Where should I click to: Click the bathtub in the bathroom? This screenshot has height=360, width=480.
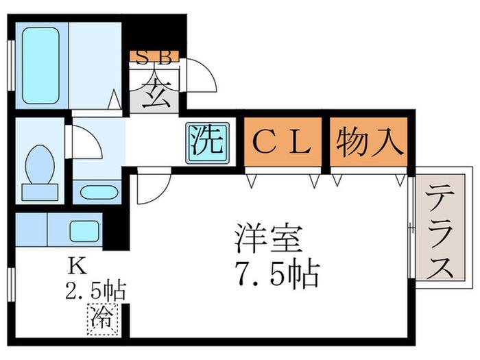pos(40,66)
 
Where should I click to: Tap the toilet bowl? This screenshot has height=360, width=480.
pos(40,165)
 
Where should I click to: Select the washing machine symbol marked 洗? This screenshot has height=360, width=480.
pos(208,143)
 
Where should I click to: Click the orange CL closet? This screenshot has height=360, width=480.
pos(283,142)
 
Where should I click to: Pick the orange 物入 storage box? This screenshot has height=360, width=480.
pos(369,142)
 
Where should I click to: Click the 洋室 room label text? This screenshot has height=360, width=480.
pos(268,239)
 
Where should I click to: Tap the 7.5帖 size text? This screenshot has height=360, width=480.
pos(277,273)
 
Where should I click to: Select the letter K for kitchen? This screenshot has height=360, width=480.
pos(78,266)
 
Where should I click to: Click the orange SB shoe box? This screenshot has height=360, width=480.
pos(154,57)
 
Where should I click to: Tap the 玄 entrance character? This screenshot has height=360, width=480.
pos(157,94)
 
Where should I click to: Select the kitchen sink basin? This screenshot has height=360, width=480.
pos(84,231)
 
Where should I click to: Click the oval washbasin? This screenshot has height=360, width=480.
pos(99,193)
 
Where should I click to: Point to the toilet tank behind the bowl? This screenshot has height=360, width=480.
pos(40,192)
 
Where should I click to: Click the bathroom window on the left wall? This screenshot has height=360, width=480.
pos(12,66)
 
